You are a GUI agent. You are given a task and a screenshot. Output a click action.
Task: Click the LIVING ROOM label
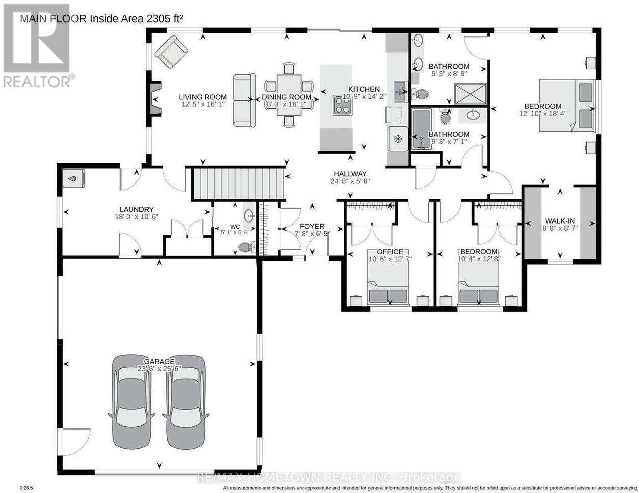[202, 97]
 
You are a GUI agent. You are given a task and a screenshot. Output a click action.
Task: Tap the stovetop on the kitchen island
[342, 105]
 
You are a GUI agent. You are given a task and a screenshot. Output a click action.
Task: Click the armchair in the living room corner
[171, 52]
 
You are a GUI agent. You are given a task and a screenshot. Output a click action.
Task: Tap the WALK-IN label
[560, 221]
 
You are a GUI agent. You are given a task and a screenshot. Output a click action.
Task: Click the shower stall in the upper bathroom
[470, 94]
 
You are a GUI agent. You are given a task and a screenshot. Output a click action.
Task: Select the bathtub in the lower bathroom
[422, 129]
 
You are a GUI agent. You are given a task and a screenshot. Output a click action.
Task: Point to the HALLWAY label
[350, 174]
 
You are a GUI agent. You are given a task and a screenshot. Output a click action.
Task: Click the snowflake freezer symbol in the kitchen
[398, 138]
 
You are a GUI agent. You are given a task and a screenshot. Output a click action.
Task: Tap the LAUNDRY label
[137, 209]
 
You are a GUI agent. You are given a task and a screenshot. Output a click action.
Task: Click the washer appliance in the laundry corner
[73, 178]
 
